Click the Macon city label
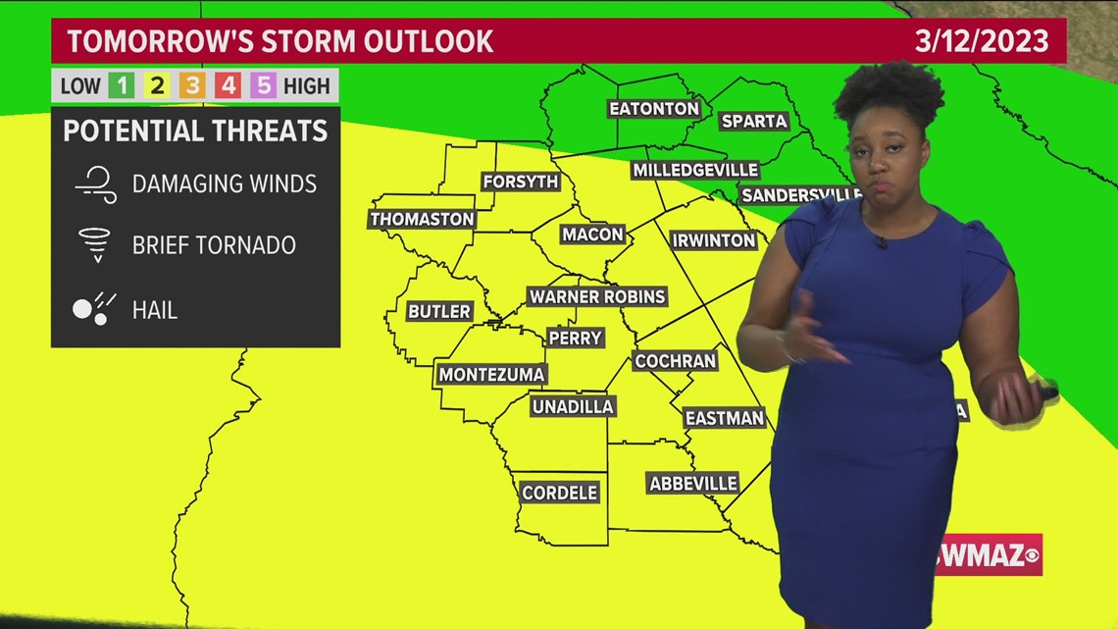tap(593, 235)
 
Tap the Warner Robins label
tap(597, 296)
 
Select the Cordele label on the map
tap(560, 493)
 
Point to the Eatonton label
tap(654, 109)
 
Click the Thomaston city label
tap(422, 219)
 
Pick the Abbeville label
tap(693, 484)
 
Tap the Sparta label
tap(754, 121)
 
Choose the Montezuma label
tap(491, 374)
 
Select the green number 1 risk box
tap(122, 86)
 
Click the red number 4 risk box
tap(228, 86)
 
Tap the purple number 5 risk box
tap(263, 86)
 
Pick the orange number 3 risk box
tap(192, 86)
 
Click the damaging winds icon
tap(96, 183)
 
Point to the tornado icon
tap(96, 244)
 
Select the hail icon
tap(94, 309)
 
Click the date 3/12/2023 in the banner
tap(982, 41)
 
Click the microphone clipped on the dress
tap(881, 242)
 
